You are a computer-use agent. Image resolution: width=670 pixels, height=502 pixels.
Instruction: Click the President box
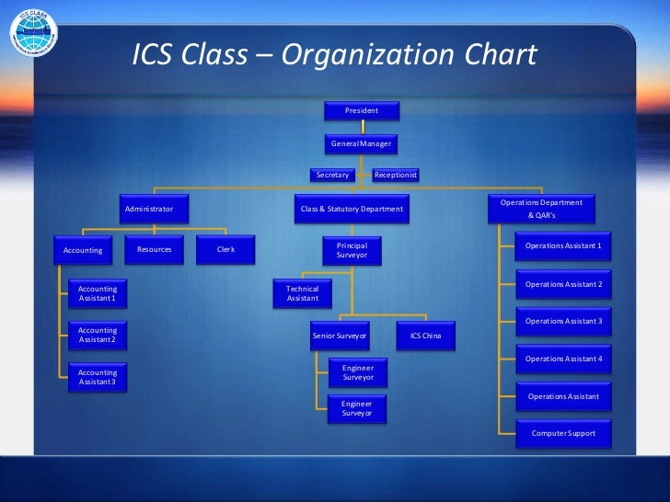coord(361,111)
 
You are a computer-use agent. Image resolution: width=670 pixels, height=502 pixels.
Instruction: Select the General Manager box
coord(361,144)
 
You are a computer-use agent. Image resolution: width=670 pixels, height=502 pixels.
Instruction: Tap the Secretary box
coord(333,174)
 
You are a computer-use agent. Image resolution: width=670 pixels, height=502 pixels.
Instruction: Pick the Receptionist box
coord(395,174)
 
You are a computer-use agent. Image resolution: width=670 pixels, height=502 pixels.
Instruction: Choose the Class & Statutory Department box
coord(352,209)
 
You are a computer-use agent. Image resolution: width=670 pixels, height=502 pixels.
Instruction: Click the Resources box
coord(154,250)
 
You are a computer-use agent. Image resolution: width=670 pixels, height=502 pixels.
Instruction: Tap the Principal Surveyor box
coord(352,250)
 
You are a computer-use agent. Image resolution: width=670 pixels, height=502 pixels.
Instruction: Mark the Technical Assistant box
coord(302,293)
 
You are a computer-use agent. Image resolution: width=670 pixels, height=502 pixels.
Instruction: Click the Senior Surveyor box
coord(340,337)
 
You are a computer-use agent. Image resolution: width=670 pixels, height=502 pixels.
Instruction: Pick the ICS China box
coord(425,337)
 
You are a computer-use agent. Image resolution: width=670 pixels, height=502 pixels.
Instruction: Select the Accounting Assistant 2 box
coord(98,335)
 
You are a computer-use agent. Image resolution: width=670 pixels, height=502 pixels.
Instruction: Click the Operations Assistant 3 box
coord(563,321)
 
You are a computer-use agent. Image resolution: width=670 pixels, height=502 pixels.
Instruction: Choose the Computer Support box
coord(563,433)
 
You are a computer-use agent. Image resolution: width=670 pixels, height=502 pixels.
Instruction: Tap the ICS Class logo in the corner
coord(31,36)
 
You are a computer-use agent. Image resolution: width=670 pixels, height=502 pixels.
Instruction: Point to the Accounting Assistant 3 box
coord(98,377)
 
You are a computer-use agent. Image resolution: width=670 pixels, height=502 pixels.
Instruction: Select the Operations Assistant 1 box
coord(563,246)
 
